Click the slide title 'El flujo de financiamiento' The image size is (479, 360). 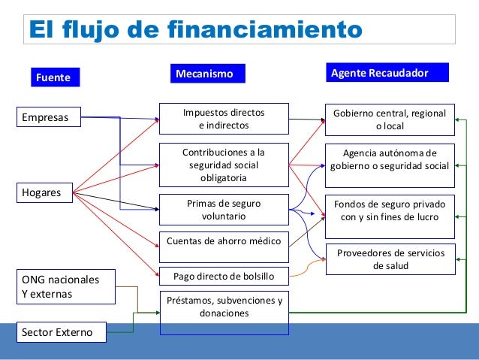click(194, 30)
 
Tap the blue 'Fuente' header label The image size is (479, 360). click(53, 77)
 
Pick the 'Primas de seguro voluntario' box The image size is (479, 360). click(224, 209)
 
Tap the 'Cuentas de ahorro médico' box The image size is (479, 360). click(224, 241)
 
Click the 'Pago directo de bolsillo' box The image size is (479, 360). click(224, 277)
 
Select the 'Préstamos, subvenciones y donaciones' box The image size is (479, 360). click(224, 307)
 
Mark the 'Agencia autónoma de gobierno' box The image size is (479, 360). click(389, 159)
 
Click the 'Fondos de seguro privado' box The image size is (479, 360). click(389, 210)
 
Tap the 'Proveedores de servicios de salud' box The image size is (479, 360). click(389, 259)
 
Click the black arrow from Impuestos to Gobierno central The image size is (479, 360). click(306, 119)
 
